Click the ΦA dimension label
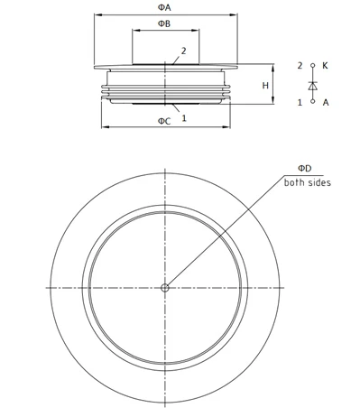(x=164, y=7)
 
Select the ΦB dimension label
(x=164, y=23)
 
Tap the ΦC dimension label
(x=164, y=121)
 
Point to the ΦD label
(x=305, y=168)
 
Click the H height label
(x=265, y=86)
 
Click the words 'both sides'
(x=307, y=182)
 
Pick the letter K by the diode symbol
(x=325, y=66)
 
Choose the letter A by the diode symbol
(x=326, y=103)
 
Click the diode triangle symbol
(x=313, y=86)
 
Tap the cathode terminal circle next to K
(x=313, y=65)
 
